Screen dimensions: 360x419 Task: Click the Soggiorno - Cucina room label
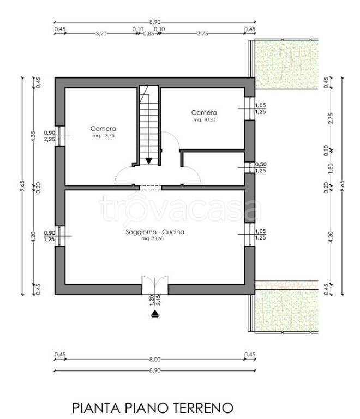click(x=155, y=232)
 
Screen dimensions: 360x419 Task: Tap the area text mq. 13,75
click(x=103, y=136)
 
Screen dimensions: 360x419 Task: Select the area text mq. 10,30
click(x=205, y=119)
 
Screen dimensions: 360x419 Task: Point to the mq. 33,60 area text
click(x=153, y=238)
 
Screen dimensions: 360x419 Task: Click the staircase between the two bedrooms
click(x=149, y=125)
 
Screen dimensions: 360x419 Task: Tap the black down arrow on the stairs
click(x=149, y=161)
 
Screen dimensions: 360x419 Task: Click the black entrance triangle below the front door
click(x=155, y=314)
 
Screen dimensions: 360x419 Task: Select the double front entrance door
click(x=155, y=285)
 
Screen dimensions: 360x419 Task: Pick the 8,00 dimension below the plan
click(x=155, y=360)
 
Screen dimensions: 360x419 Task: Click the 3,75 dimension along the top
click(x=203, y=34)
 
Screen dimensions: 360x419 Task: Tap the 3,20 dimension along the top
click(x=101, y=34)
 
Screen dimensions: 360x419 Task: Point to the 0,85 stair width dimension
click(x=149, y=34)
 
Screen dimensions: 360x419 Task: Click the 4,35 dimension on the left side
click(x=33, y=136)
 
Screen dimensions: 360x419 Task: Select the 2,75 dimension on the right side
click(x=331, y=118)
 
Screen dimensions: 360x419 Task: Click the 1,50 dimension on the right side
click(x=331, y=169)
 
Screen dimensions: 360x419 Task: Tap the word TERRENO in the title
click(x=203, y=408)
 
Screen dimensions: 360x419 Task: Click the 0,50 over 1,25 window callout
click(x=260, y=167)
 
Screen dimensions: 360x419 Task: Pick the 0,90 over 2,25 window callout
click(x=50, y=136)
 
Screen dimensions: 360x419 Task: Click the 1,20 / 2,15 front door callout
click(x=155, y=300)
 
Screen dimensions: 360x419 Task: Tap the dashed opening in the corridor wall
click(x=151, y=188)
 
